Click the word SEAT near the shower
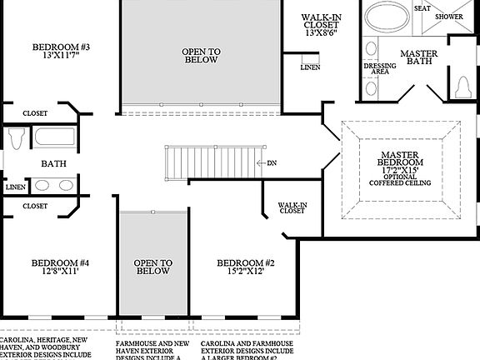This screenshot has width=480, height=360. click(422, 7)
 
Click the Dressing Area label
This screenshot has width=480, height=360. click(379, 69)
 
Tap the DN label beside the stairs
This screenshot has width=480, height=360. click(272, 162)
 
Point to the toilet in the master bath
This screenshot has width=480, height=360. click(463, 85)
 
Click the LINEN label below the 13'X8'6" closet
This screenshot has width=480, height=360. click(310, 67)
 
